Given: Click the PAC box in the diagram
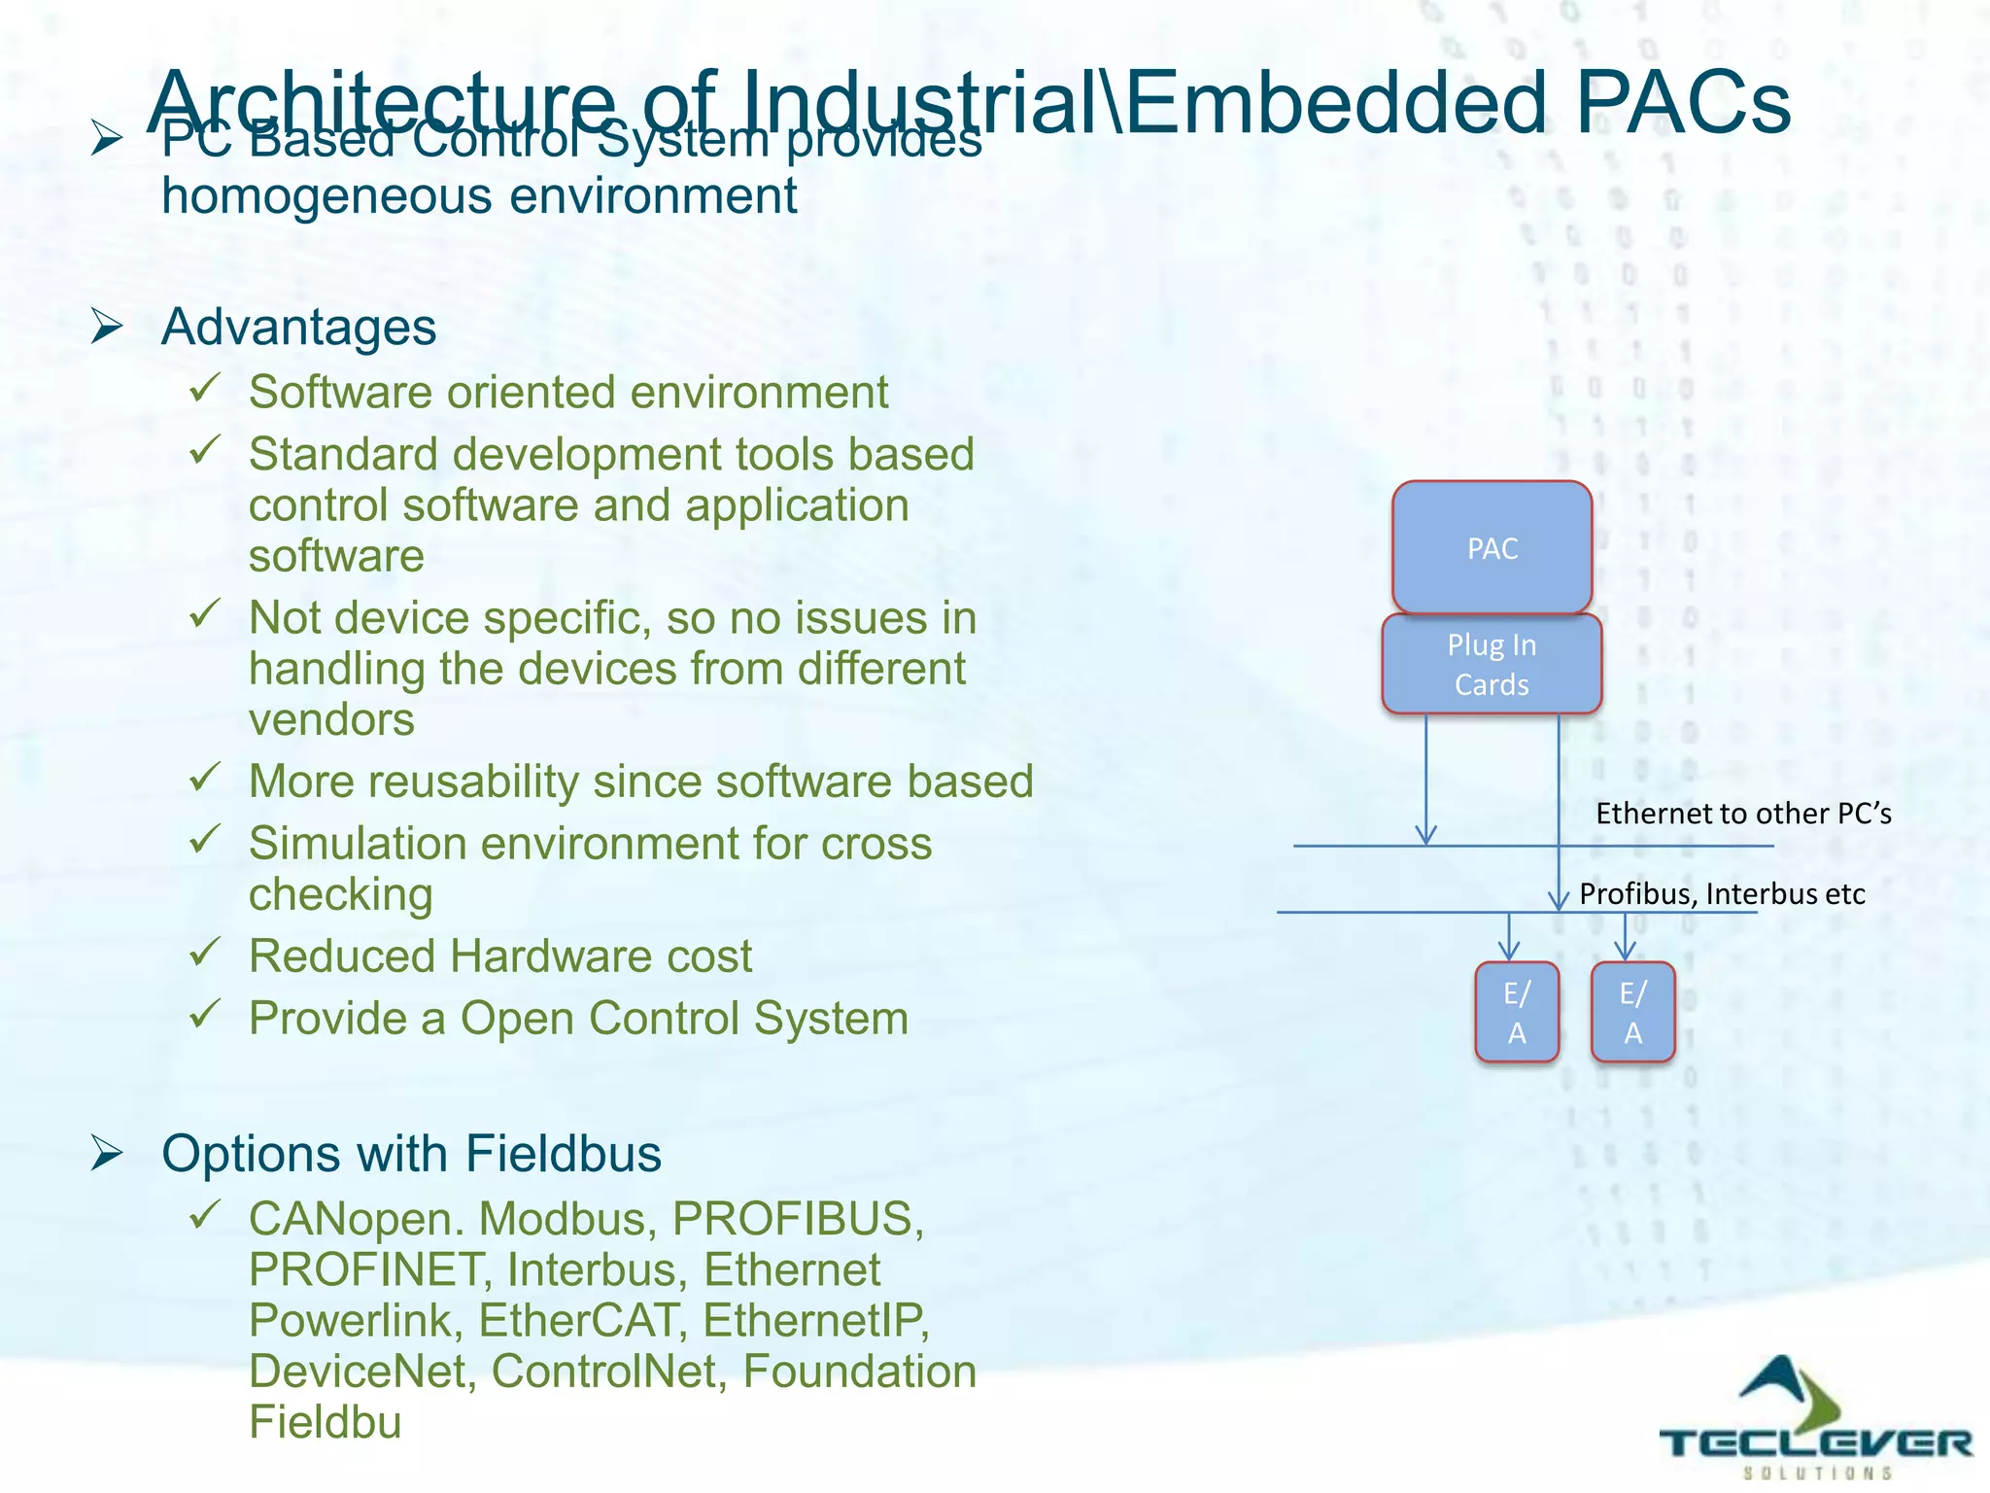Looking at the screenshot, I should click(1492, 547).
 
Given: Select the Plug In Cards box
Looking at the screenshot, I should click(1492, 664).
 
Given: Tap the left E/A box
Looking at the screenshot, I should click(1517, 1012).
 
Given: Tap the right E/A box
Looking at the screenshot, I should click(1632, 1012).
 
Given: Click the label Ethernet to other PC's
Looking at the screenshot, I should click(1743, 813).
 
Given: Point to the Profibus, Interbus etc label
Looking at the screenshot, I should click(1722, 893).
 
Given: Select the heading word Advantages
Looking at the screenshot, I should click(298, 327).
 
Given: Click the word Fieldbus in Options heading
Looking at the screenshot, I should click(564, 1154).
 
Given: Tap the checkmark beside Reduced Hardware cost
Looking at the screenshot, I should click(205, 952).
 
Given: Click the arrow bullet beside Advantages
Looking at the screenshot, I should click(107, 327).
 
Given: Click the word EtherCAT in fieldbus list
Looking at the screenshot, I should click(578, 1320).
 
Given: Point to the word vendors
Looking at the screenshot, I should click(331, 720).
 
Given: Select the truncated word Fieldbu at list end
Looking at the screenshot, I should click(325, 1421).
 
